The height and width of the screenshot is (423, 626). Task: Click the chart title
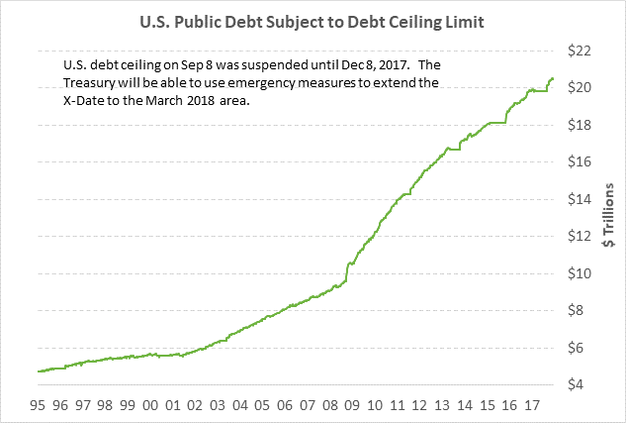pos(313,19)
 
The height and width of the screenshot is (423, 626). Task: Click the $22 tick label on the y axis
pos(579,51)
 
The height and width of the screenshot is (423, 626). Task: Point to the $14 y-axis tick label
pos(579,199)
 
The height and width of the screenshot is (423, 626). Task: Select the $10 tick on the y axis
pos(579,273)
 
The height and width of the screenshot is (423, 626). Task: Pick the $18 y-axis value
pos(579,125)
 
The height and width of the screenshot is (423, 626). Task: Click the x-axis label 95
pos(39,404)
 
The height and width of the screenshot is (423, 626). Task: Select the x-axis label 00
pos(150,404)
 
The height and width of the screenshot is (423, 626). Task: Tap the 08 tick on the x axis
pos(331,404)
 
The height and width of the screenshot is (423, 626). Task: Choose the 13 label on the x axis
pos(444,404)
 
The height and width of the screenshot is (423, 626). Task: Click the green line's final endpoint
pos(553,78)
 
